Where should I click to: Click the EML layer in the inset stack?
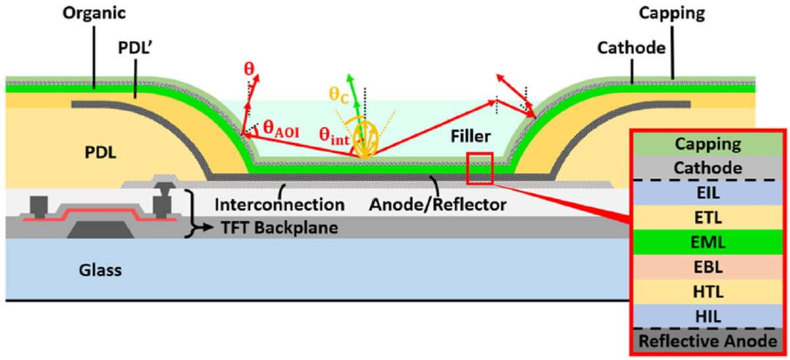(x=708, y=242)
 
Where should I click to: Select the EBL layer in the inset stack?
(x=708, y=267)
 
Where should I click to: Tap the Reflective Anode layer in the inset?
(x=708, y=341)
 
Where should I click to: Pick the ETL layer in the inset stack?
(x=708, y=217)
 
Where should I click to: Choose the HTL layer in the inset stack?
(x=708, y=292)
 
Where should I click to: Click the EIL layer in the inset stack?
(x=708, y=192)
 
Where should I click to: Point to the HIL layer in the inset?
(x=708, y=317)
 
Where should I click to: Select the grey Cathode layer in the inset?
(x=708, y=168)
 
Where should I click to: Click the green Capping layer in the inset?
(x=708, y=143)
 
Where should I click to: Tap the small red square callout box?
(x=479, y=168)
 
